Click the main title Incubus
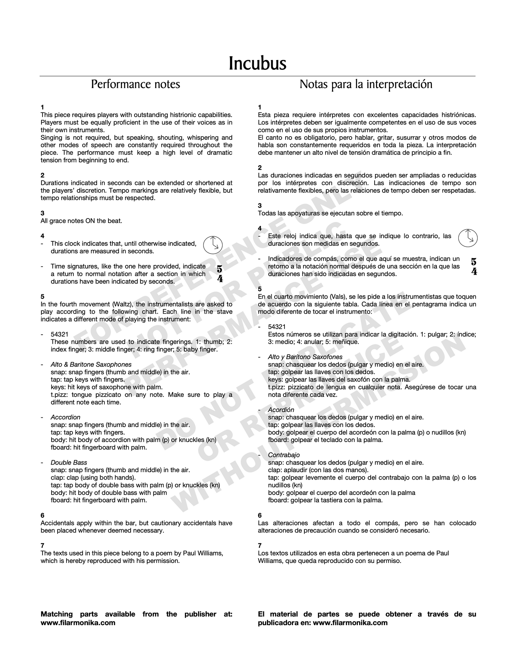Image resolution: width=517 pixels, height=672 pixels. [258, 63]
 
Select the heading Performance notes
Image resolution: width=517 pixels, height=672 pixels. [136, 84]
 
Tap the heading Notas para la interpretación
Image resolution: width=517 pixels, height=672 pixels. [366, 84]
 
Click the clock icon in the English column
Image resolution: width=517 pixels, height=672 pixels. [213, 245]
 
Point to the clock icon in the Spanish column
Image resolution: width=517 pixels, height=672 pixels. [468, 237]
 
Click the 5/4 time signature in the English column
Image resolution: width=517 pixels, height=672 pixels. [220, 274]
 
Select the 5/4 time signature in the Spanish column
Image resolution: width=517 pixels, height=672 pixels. [474, 266]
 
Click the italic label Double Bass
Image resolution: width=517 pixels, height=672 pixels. [69, 462]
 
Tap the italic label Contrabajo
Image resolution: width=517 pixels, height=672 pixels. [284, 455]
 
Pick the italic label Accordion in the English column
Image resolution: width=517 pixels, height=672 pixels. [65, 417]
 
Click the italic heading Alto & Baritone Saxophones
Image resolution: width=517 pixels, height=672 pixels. [91, 364]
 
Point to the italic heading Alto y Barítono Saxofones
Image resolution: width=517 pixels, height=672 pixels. [305, 357]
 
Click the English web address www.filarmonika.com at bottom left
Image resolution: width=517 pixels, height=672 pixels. [78, 623]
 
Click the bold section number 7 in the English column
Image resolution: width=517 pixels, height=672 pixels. [43, 545]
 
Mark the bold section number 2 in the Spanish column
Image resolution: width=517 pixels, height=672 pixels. [260, 168]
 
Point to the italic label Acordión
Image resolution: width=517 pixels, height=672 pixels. [281, 409]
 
